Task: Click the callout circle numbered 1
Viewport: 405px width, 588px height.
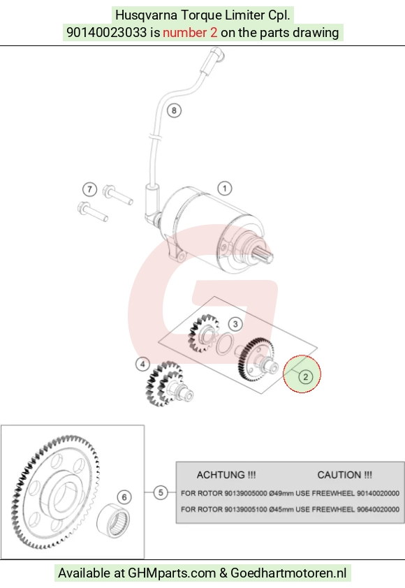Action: [225, 189]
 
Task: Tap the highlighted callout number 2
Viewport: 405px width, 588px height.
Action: [305, 376]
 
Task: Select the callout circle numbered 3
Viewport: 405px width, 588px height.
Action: [235, 323]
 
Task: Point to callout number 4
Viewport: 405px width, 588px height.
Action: [142, 364]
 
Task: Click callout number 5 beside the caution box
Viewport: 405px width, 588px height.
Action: [161, 492]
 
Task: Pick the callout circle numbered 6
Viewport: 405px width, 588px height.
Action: [124, 497]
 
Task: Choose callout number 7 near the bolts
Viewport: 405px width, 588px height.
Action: [89, 189]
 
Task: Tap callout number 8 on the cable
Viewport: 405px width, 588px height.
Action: [174, 110]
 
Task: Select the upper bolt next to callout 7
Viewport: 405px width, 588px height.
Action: [117, 195]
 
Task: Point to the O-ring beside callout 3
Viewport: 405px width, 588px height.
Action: [224, 344]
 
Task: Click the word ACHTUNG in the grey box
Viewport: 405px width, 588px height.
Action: [221, 475]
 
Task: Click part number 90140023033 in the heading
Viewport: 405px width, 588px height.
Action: [107, 33]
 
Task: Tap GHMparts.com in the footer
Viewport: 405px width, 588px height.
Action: [172, 573]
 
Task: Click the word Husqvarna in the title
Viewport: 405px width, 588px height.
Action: [147, 15]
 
